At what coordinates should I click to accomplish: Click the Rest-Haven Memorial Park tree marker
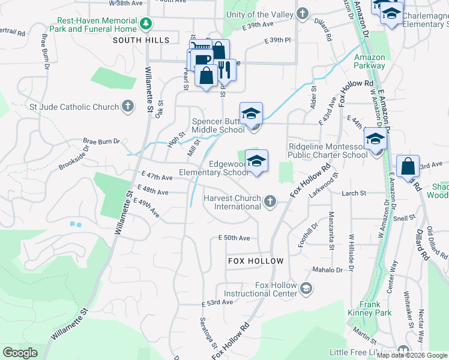click(x=145, y=24)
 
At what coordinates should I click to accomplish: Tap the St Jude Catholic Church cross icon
click(x=127, y=107)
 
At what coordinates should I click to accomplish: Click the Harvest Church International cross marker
click(x=271, y=202)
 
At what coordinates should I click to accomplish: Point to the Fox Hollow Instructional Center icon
click(x=306, y=289)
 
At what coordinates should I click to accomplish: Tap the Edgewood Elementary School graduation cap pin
click(x=256, y=162)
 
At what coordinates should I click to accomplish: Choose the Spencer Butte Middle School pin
click(x=251, y=114)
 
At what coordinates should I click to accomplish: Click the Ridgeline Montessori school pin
click(x=375, y=140)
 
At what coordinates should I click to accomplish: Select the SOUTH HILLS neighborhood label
click(x=141, y=40)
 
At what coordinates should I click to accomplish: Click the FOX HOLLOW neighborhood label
click(x=256, y=261)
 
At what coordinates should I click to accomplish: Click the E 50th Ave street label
click(x=234, y=238)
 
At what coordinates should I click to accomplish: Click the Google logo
click(x=21, y=353)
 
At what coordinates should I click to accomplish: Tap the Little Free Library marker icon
click(x=403, y=352)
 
